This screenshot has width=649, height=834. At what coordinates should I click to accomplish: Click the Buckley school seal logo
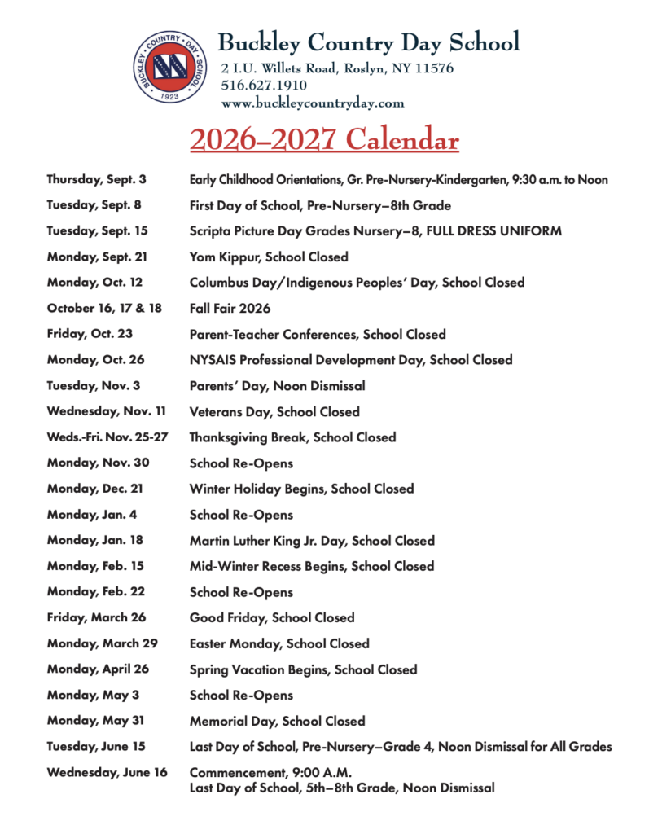click(169, 67)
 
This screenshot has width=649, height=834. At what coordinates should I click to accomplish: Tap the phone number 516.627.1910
click(264, 86)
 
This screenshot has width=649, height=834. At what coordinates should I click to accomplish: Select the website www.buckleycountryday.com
click(313, 103)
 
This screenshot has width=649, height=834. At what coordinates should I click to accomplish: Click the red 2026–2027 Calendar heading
click(324, 140)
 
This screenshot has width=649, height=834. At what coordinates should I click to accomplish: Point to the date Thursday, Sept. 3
click(97, 179)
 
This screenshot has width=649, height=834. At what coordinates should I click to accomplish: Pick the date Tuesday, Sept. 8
click(94, 205)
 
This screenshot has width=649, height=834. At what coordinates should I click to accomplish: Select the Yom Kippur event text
click(269, 257)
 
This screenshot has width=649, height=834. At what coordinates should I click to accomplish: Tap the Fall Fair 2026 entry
click(230, 309)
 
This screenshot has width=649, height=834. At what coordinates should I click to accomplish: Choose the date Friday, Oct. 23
click(90, 334)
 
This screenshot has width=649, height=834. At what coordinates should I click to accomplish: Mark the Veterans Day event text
click(274, 412)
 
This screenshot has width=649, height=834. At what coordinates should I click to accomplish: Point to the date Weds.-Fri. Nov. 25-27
click(107, 437)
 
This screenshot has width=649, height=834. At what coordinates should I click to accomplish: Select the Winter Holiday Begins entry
click(301, 489)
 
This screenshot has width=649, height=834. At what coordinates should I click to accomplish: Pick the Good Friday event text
click(272, 618)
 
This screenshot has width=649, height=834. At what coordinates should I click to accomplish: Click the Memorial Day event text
click(277, 722)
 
